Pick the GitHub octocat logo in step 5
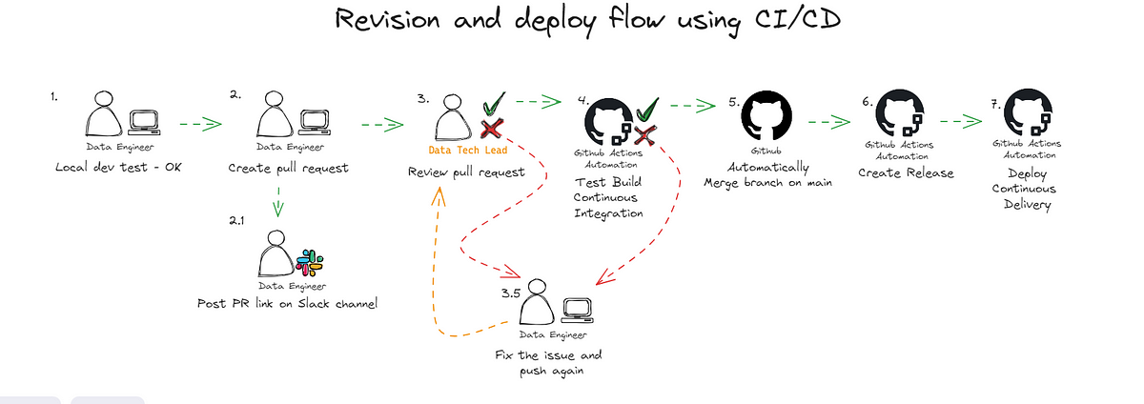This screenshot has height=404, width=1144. tap(766, 117)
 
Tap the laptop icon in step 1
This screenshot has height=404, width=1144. tap(143, 122)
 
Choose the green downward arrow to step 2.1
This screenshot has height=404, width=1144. tap(276, 200)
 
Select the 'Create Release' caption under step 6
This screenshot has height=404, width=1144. tap(892, 172)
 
